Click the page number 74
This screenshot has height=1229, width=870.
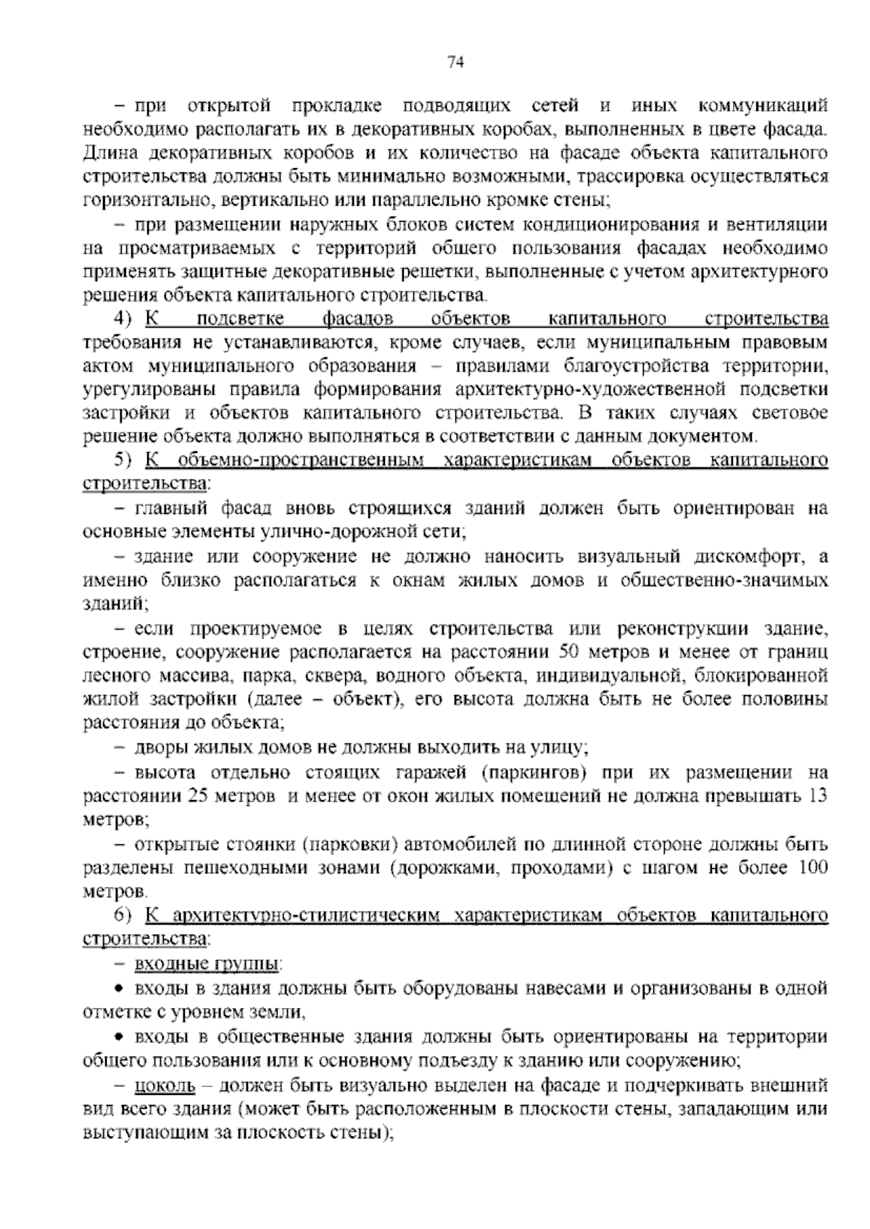point(455,62)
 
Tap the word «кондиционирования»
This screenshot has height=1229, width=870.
point(629,225)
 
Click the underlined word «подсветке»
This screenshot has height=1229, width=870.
point(240,320)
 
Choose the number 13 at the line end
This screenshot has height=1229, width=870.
point(817,795)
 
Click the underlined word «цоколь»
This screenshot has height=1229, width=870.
point(165,1086)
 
